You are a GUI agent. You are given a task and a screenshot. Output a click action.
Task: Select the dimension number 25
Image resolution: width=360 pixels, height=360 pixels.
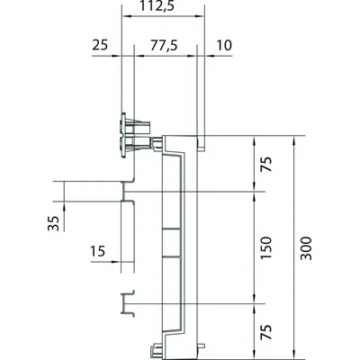[100, 43]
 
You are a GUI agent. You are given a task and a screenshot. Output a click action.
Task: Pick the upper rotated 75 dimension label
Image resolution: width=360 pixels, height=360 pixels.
[265, 165]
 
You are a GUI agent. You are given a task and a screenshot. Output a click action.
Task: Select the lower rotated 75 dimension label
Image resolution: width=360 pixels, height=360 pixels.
[265, 332]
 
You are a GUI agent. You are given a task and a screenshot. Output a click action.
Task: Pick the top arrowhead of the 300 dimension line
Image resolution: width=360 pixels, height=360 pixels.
[296, 139]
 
